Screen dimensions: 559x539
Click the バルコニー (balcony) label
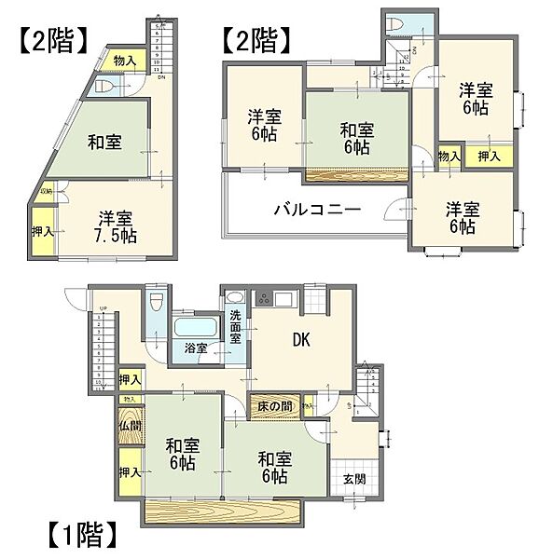coord(316,210)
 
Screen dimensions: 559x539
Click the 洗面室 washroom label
coord(236,327)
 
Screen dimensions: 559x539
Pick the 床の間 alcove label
coord(274,405)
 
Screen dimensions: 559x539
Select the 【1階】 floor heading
coord(80,536)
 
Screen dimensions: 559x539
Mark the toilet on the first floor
coord(157,303)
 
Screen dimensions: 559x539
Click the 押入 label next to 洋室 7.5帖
coord(42,231)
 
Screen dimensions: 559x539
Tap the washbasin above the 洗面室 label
coord(233,301)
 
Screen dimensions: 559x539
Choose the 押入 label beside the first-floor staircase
coord(130,379)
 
